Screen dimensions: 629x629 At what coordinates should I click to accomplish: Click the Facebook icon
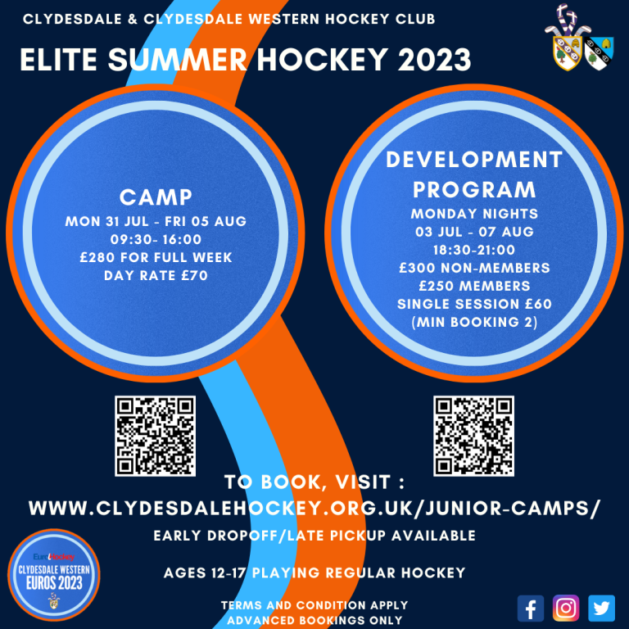pyautogui.click(x=531, y=609)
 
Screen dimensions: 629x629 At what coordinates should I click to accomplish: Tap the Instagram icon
pyautogui.click(x=566, y=609)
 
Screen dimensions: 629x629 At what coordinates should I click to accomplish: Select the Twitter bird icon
pyautogui.click(x=602, y=609)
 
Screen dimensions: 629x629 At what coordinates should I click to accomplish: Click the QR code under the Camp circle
pyautogui.click(x=156, y=436)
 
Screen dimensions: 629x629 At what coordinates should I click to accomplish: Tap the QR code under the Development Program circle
pyautogui.click(x=473, y=436)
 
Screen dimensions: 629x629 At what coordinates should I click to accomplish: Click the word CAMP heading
pyautogui.click(x=156, y=197)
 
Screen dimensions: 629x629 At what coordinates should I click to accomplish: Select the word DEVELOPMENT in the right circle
pyautogui.click(x=474, y=160)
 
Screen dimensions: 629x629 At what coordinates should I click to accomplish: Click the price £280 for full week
pyautogui.click(x=156, y=258)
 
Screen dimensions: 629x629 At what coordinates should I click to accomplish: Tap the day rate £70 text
pyautogui.click(x=156, y=276)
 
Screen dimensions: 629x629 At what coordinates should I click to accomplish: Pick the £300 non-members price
pyautogui.click(x=474, y=268)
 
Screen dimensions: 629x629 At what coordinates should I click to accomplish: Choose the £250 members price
pyautogui.click(x=474, y=286)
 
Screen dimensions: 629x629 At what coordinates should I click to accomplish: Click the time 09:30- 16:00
pyautogui.click(x=156, y=240)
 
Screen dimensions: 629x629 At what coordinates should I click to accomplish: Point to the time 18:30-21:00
pyautogui.click(x=474, y=250)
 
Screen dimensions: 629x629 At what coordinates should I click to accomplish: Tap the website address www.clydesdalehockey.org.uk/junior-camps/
pyautogui.click(x=314, y=509)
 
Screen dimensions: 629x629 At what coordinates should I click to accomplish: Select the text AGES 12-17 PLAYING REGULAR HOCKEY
pyautogui.click(x=314, y=572)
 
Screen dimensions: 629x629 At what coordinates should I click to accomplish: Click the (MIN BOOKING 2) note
pyautogui.click(x=474, y=322)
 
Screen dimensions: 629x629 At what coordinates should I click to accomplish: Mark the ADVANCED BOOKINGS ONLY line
pyautogui.click(x=314, y=620)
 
